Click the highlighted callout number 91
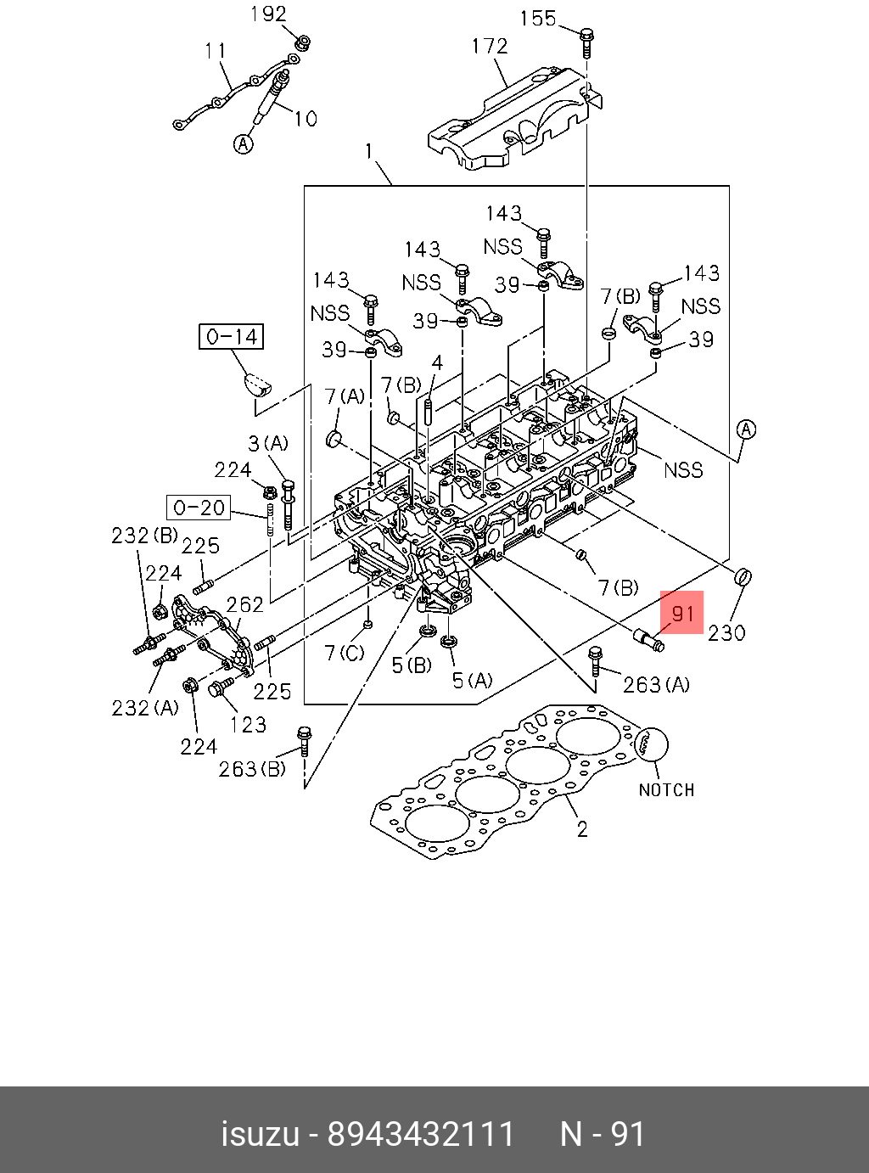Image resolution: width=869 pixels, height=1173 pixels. pyautogui.click(x=682, y=613)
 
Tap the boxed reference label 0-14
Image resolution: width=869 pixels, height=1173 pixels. pyautogui.click(x=232, y=337)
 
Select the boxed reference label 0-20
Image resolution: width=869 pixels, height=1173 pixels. pyautogui.click(x=199, y=508)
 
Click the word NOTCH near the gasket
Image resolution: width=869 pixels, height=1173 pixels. pyautogui.click(x=666, y=790)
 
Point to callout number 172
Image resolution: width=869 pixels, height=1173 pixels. pyautogui.click(x=490, y=46)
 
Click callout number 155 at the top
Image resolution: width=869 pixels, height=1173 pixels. pyautogui.click(x=537, y=19)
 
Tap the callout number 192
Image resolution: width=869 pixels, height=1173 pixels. pyautogui.click(x=268, y=14)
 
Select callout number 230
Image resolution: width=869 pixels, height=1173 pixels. pyautogui.click(x=726, y=632)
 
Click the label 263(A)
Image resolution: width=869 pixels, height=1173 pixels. pyautogui.click(x=656, y=684)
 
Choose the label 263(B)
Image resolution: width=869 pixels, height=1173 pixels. pyautogui.click(x=252, y=769)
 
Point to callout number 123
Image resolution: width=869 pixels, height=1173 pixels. pyautogui.click(x=248, y=724)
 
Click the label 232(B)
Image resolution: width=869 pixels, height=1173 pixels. pyautogui.click(x=144, y=536)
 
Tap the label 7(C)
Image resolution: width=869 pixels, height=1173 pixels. pyautogui.click(x=345, y=653)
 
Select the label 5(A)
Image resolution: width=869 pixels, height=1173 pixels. pyautogui.click(x=472, y=680)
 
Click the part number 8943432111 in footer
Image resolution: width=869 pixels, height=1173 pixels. pyautogui.click(x=421, y=1134)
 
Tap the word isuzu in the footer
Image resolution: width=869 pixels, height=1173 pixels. pyautogui.click(x=260, y=1134)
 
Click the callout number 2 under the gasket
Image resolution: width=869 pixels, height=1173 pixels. pyautogui.click(x=582, y=828)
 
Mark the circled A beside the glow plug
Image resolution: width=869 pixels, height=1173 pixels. pyautogui.click(x=244, y=144)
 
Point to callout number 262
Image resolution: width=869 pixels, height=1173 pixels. pyautogui.click(x=244, y=604)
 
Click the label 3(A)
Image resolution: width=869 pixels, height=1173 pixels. pyautogui.click(x=268, y=443)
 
